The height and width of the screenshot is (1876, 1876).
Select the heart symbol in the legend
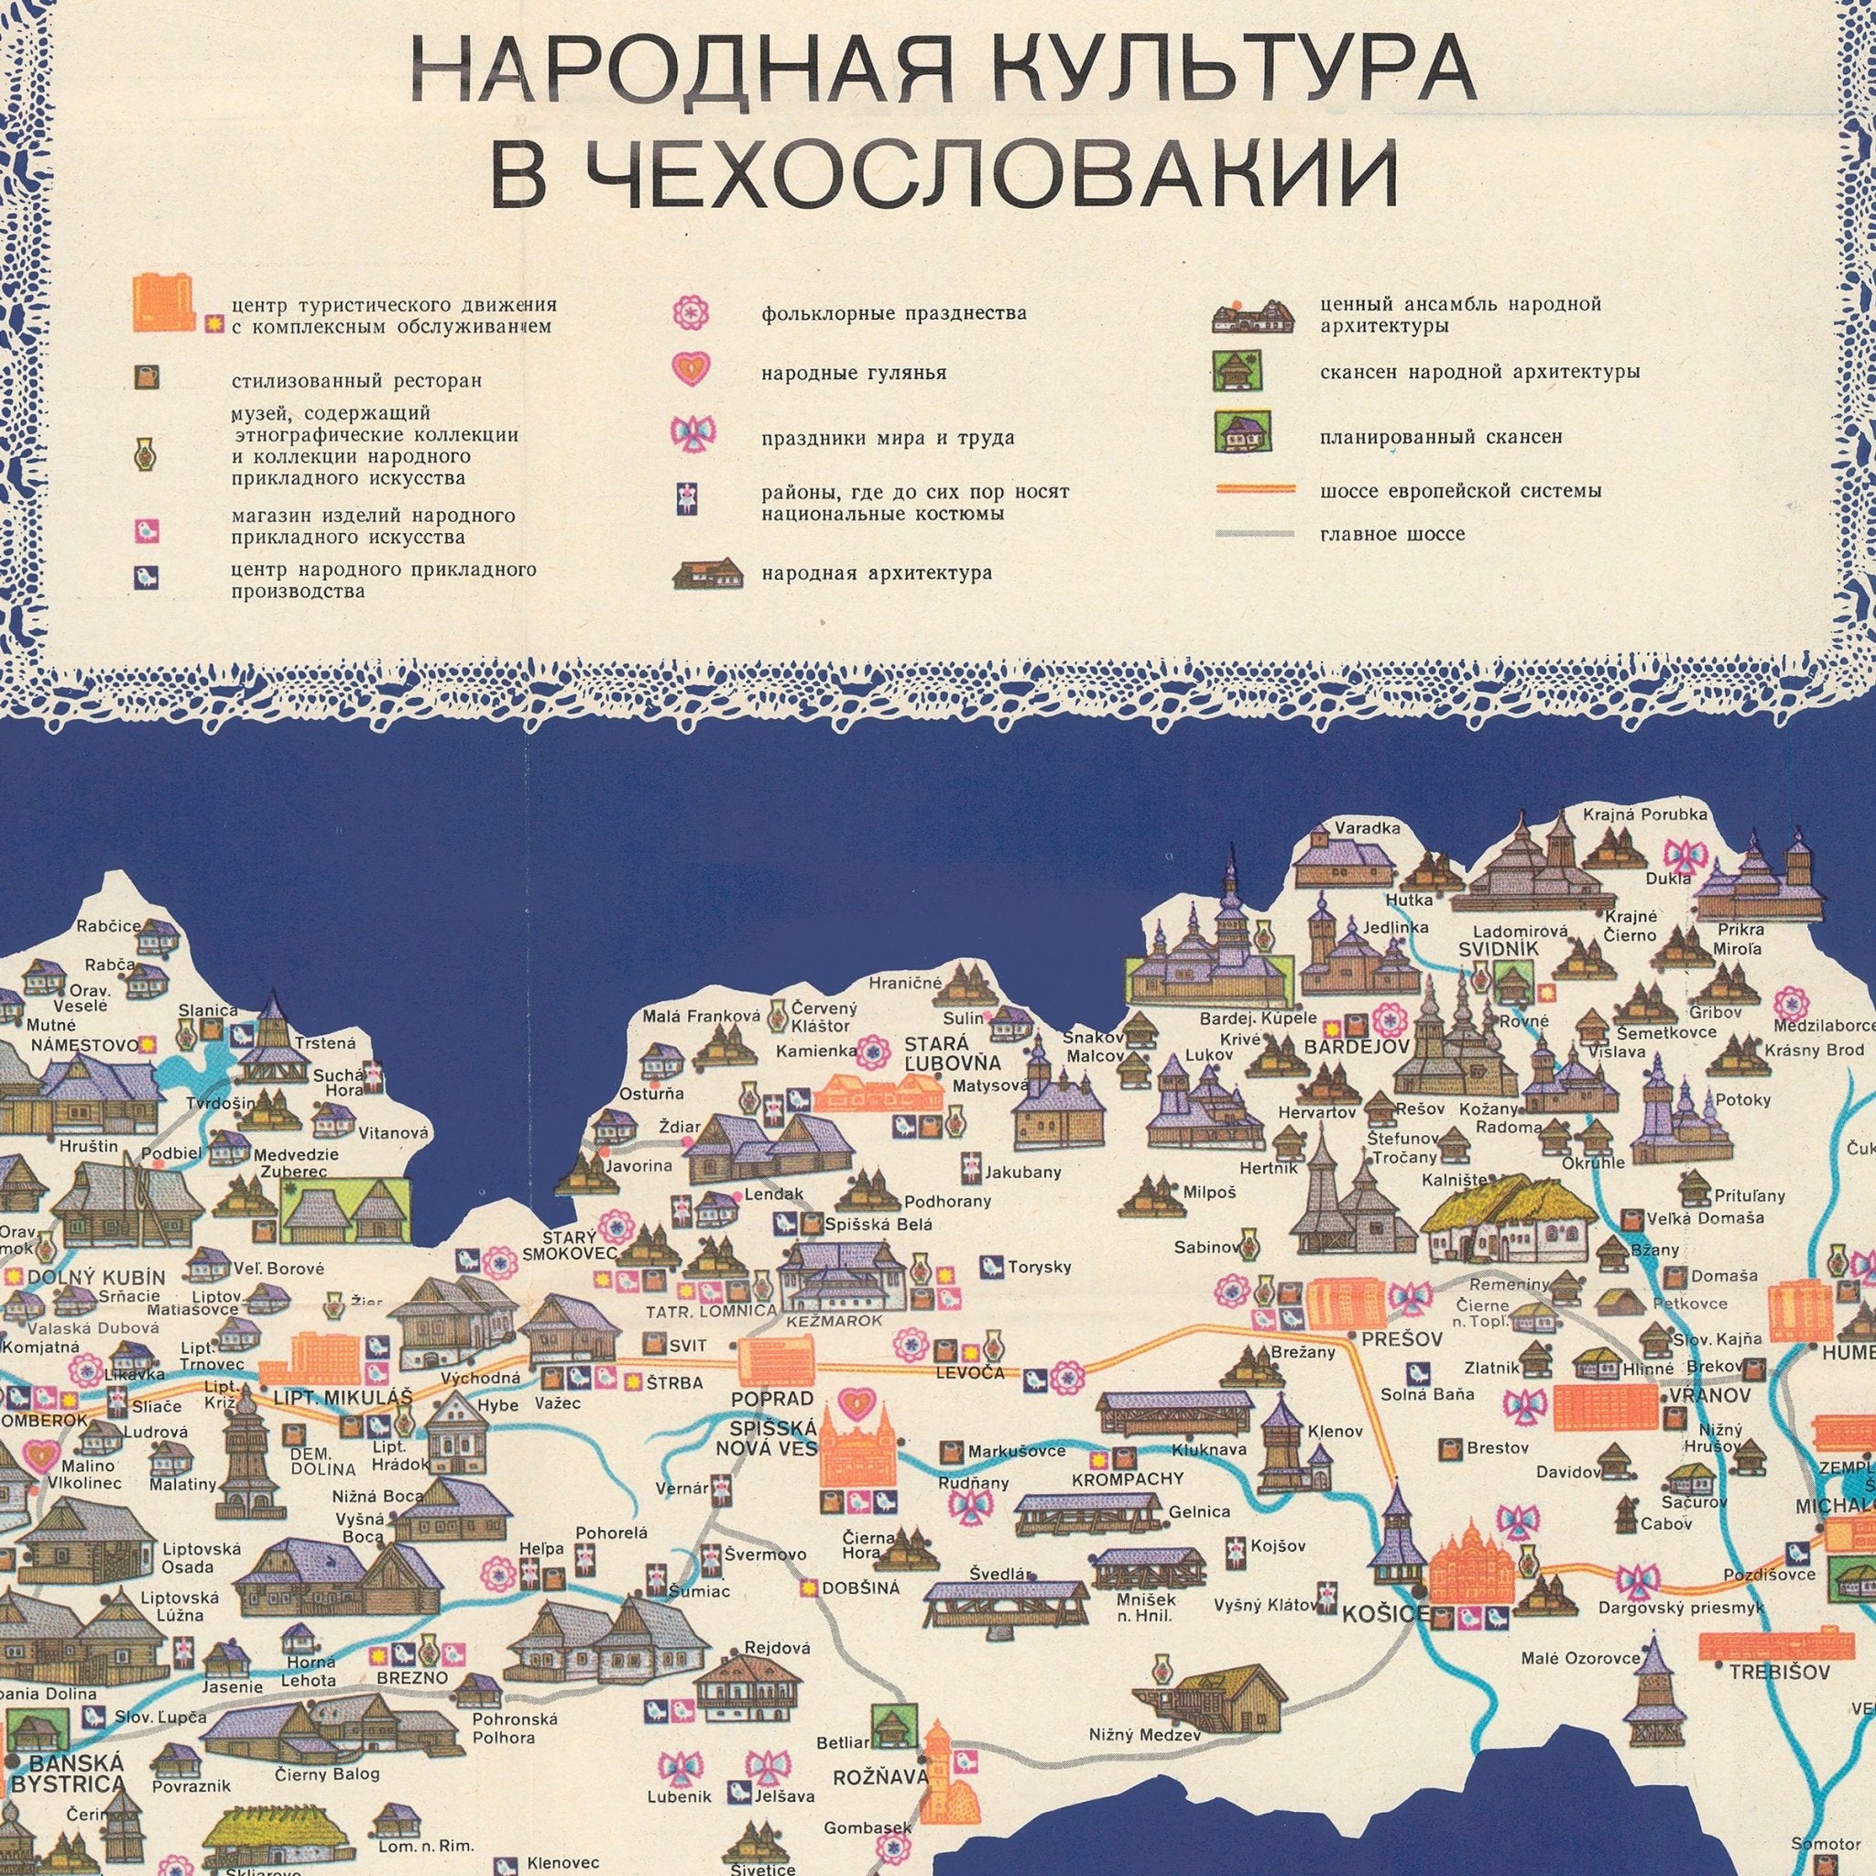point(691,369)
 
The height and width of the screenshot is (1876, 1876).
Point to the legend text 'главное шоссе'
point(1391,534)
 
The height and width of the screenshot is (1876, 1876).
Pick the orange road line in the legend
point(1256,490)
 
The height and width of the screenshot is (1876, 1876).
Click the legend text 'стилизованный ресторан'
point(356,381)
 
